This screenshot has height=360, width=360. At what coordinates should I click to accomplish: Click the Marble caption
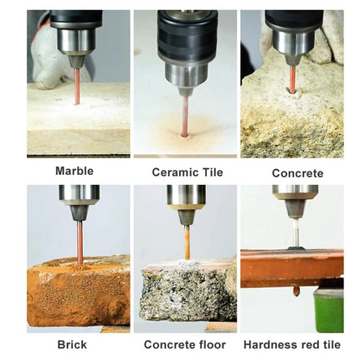click(x=75, y=171)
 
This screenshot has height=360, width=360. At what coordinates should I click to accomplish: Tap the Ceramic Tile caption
click(x=188, y=172)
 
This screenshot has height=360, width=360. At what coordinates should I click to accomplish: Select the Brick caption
click(x=72, y=345)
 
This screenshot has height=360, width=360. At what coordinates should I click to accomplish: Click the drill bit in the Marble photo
click(x=77, y=86)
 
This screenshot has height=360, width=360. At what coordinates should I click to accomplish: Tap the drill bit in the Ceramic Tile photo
click(x=185, y=116)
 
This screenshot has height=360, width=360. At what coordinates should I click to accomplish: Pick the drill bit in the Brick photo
click(x=80, y=242)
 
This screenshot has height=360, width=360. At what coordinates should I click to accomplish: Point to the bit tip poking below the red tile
click(x=296, y=291)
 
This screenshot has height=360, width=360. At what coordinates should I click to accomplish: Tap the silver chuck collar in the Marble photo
click(x=76, y=40)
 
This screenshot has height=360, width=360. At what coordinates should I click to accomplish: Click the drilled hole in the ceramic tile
click(x=184, y=136)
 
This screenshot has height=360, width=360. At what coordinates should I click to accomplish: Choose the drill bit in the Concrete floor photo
click(x=188, y=242)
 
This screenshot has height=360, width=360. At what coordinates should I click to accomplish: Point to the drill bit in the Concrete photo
click(x=292, y=79)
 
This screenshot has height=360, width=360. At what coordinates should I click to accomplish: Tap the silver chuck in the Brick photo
click(x=79, y=195)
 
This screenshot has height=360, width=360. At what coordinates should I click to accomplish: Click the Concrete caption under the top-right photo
click(x=297, y=173)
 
